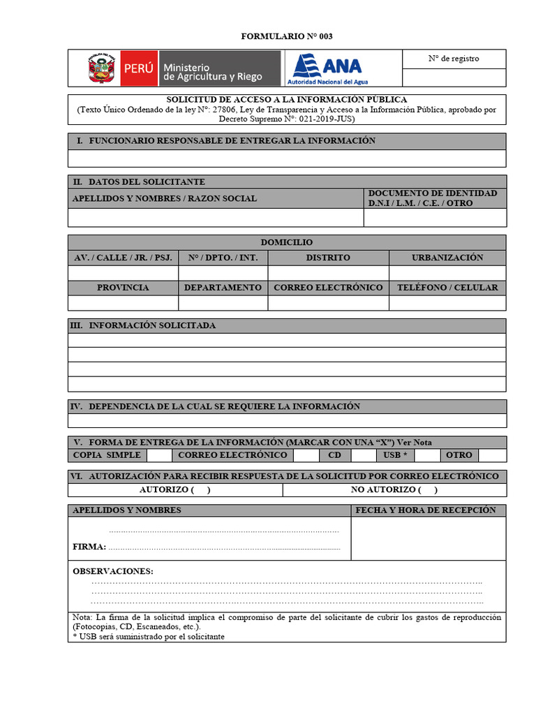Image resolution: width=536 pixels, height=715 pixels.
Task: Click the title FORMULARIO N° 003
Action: (282, 36)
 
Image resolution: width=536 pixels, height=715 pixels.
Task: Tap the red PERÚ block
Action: (138, 68)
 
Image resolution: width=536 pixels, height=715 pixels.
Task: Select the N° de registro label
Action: (454, 59)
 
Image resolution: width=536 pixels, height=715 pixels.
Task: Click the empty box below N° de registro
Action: (454, 78)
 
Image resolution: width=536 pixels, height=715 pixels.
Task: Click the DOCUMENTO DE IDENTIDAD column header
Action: (432, 198)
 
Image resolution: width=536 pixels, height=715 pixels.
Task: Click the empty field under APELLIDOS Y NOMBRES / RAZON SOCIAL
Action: (215, 218)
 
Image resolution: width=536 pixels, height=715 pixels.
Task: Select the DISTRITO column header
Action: (328, 258)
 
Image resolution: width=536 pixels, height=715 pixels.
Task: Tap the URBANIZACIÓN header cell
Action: (447, 258)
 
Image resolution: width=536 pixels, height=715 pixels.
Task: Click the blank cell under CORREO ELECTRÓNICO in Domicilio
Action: (328, 302)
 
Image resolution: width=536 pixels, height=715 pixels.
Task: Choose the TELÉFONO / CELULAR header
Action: (447, 288)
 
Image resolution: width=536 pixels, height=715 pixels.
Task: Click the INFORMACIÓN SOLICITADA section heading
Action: (152, 325)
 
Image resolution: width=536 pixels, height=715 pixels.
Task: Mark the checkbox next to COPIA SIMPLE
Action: (159, 455)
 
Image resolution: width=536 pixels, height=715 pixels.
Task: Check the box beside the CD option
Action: (363, 455)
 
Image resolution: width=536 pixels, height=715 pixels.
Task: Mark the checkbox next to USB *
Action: (427, 455)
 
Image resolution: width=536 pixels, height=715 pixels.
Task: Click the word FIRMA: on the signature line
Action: (89, 547)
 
